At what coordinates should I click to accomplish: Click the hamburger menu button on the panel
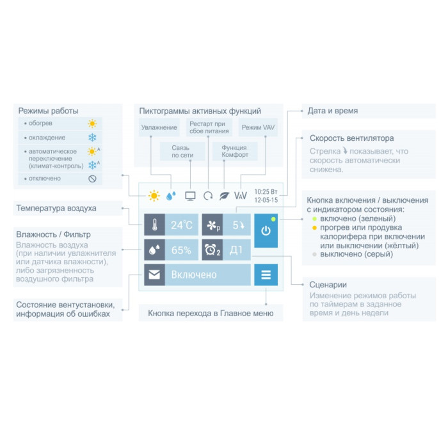pyautogui.click(x=266, y=275)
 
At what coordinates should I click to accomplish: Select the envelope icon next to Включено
pyautogui.click(x=154, y=275)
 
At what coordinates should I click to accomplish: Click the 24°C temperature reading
pyautogui.click(x=181, y=225)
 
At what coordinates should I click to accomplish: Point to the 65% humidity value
pyautogui.click(x=181, y=250)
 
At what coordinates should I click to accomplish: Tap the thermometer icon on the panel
pyautogui.click(x=154, y=225)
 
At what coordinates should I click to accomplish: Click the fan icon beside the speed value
pyautogui.click(x=212, y=225)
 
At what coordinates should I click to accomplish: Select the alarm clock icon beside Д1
pyautogui.click(x=212, y=250)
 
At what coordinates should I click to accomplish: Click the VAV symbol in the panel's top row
pyautogui.click(x=241, y=195)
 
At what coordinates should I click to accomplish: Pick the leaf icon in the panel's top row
pyautogui.click(x=224, y=195)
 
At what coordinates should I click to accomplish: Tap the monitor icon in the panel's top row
pyautogui.click(x=190, y=195)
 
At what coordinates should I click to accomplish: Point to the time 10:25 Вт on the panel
pyautogui.click(x=266, y=191)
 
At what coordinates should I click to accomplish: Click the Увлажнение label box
pyautogui.click(x=159, y=127)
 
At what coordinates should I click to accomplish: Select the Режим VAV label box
pyautogui.click(x=259, y=127)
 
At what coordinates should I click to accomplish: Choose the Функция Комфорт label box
pyautogui.click(x=234, y=151)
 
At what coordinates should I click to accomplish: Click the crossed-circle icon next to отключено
pyautogui.click(x=92, y=179)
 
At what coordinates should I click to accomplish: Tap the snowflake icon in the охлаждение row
pyautogui.click(x=92, y=138)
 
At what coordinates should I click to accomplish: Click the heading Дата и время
pyautogui.click(x=333, y=111)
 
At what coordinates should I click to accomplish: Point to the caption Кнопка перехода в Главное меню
pyautogui.click(x=211, y=313)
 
